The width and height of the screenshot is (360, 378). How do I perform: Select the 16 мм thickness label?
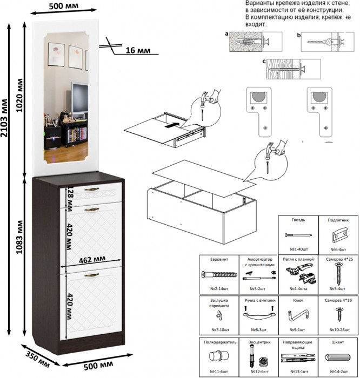point(137,51)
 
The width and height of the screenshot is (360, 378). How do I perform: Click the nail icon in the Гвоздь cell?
point(298,236)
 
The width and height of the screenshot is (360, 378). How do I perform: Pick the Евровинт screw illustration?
point(219,275)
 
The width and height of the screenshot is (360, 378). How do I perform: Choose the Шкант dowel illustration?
point(338,357)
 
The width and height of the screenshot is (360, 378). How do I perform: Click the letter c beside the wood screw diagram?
point(264,62)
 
